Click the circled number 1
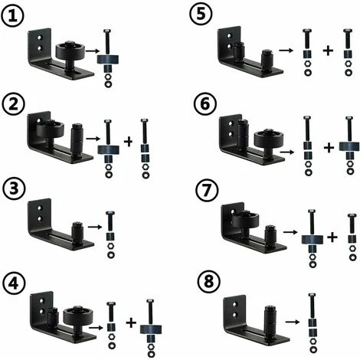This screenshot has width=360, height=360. pyautogui.click(x=13, y=16)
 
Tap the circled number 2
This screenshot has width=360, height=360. pyautogui.click(x=14, y=104)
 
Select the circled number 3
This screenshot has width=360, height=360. pyautogui.click(x=15, y=190)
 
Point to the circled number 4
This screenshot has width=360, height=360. pyautogui.click(x=14, y=283)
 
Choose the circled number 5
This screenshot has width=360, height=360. pyautogui.click(x=201, y=14)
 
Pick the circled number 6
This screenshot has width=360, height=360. pyautogui.click(x=205, y=105)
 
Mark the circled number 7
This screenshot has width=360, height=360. pyautogui.click(x=207, y=191)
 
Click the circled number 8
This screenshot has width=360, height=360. pyautogui.click(x=208, y=283)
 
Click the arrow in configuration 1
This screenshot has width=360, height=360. pyautogui.click(x=92, y=51)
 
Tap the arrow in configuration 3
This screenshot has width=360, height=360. pyautogui.click(x=94, y=227)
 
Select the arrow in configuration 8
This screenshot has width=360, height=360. pyautogui.click(x=293, y=322)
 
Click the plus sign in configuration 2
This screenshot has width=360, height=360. pyautogui.click(x=129, y=142)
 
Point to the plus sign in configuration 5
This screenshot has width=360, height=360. pyautogui.click(x=328, y=51)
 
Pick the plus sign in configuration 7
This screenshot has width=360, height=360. pyautogui.click(x=332, y=237)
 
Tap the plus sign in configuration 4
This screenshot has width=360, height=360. pyautogui.click(x=131, y=323)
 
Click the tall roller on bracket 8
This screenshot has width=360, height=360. pyautogui.click(x=270, y=319)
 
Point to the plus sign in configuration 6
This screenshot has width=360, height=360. pyautogui.click(x=329, y=148)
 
